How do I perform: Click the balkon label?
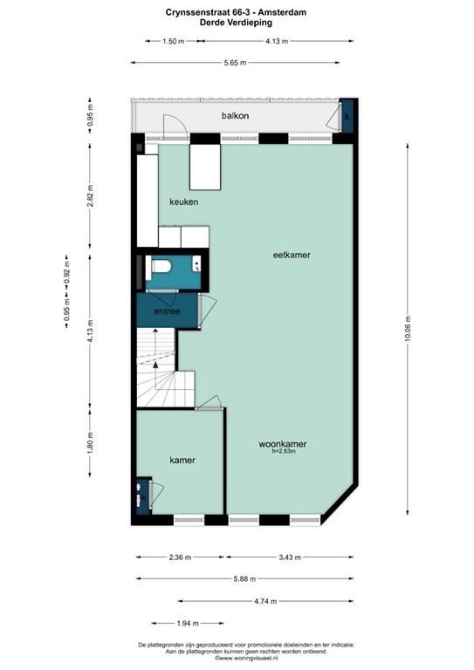click(235, 115)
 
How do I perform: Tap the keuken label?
click(184, 202)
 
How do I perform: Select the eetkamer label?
click(292, 255)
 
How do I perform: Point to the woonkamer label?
click(283, 444)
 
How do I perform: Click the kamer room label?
click(182, 461)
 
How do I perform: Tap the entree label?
click(167, 311)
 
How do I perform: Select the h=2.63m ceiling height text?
click(284, 451)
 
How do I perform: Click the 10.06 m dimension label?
click(407, 329)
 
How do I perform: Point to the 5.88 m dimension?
click(244, 579)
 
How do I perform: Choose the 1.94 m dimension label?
click(188, 624)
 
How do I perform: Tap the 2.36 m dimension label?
click(180, 557)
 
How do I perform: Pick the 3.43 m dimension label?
click(290, 557)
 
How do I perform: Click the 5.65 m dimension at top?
click(235, 63)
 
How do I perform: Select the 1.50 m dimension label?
click(174, 41)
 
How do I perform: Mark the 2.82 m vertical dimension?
click(90, 196)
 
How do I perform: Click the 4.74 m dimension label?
click(265, 601)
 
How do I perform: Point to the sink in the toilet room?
click(196, 263)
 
